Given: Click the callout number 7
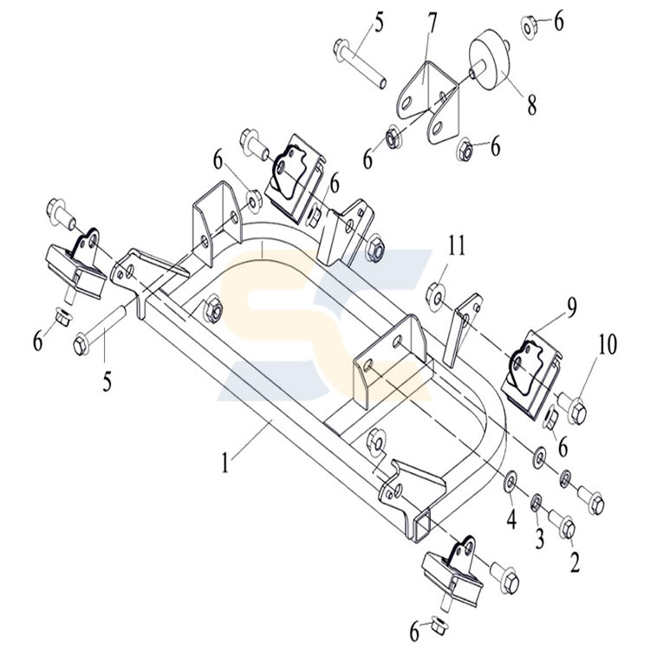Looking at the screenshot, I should (430, 22).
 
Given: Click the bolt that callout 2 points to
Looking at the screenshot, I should (563, 527).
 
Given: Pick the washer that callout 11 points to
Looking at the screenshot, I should (439, 298).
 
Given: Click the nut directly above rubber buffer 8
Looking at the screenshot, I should (530, 26).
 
